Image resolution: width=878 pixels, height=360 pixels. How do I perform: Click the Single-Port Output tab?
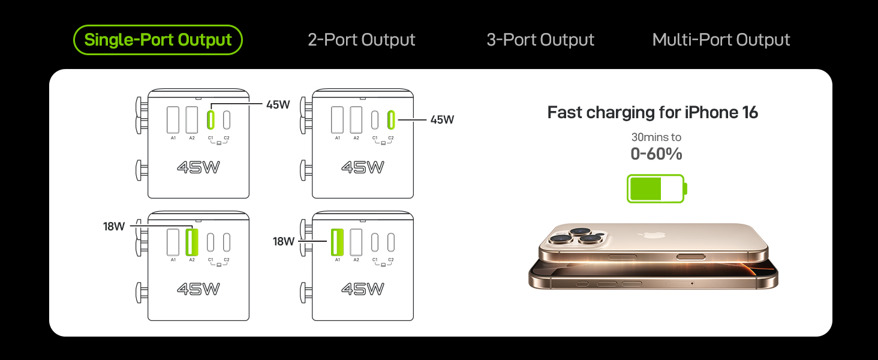pos(158,40)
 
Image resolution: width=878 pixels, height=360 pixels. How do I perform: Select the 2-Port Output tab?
pos(362,40)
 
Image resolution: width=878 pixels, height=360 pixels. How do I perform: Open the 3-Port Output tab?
pos(540,40)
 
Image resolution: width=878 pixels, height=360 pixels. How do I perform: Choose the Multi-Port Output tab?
pos(721,40)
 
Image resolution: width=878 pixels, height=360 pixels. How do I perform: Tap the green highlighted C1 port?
pos(211,120)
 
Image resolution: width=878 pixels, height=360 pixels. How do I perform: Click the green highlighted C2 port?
pos(391,120)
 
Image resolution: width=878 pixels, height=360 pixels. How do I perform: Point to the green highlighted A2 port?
pos(192,241)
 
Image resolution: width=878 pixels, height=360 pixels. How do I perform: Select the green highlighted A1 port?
pos(337,241)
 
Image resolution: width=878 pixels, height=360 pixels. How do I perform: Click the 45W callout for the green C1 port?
pos(278,104)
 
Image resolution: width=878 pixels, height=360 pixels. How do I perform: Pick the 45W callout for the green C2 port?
pos(442,120)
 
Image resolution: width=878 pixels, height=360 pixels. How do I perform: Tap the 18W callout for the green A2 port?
pos(113,227)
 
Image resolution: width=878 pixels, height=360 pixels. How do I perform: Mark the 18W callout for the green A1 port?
pos(284,242)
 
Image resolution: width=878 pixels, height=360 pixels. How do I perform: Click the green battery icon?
pos(656,188)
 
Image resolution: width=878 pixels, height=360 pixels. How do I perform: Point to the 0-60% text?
pos(656,154)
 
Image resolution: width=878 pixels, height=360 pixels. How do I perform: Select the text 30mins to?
pos(656,137)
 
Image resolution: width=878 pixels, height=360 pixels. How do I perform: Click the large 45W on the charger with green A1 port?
pos(362,289)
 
